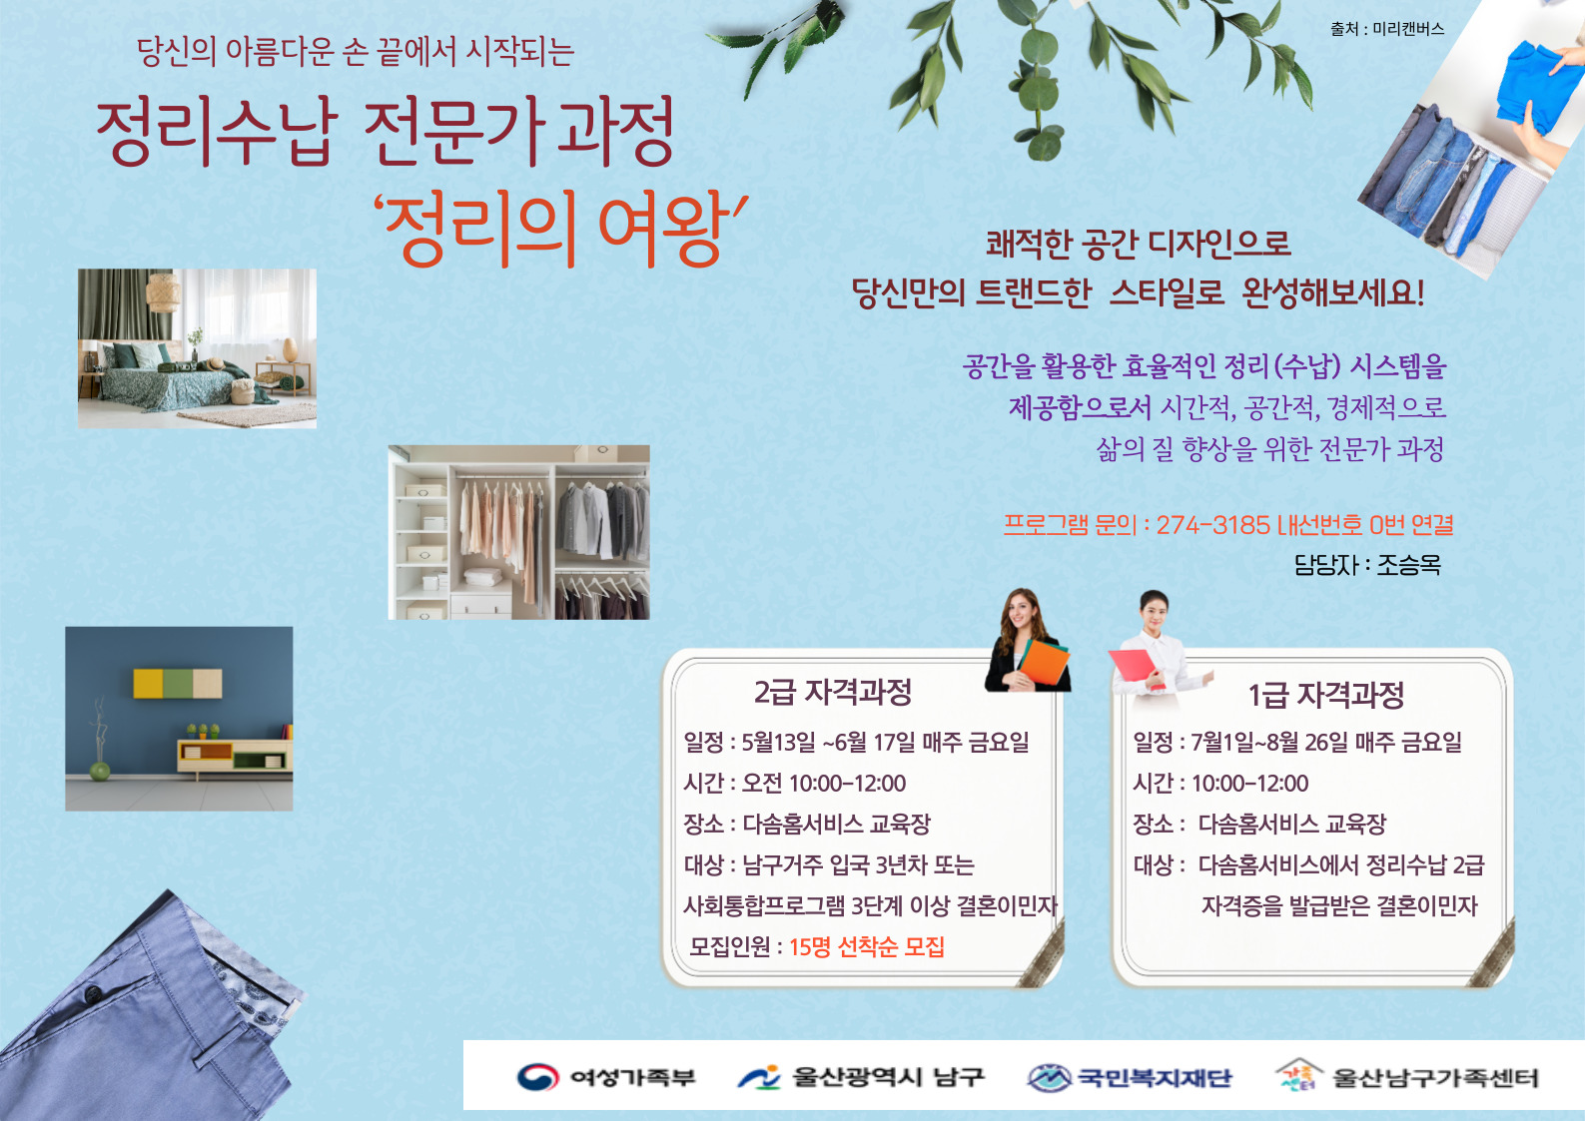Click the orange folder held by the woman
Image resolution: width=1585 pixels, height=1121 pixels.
1045,664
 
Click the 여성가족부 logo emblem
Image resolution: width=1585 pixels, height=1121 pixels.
537,1077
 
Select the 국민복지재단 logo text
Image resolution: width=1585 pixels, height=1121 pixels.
1155,1078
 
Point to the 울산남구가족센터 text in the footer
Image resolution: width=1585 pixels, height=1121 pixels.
1436,1078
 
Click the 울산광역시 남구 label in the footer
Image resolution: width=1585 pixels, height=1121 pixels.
888,1077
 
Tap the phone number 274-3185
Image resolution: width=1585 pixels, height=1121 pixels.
1213,525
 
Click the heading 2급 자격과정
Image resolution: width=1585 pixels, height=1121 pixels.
833,692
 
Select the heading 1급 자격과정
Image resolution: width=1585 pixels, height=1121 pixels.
1326,695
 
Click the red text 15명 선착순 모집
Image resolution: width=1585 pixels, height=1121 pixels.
867,946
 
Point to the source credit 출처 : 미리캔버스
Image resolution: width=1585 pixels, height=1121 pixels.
1387,29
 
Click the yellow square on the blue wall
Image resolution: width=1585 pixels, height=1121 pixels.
148,683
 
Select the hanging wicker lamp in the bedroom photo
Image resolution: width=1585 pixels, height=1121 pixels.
164,292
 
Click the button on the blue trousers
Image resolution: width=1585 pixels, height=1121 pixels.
93,993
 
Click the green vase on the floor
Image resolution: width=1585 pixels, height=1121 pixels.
100,771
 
